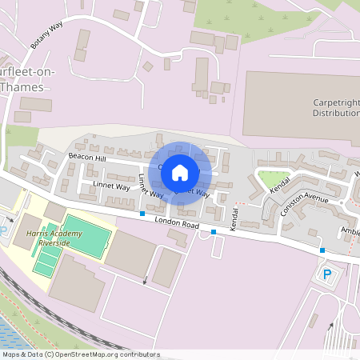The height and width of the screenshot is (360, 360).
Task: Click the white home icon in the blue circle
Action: pos(180,172)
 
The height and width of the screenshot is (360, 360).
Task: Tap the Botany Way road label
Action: pos(46,36)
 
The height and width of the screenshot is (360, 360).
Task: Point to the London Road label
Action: pos(175,222)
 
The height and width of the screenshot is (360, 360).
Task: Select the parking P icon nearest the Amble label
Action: pos(326,274)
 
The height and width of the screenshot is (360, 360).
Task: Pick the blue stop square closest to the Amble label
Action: pos(322,250)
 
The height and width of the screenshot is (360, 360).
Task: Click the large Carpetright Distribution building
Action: pos(296,104)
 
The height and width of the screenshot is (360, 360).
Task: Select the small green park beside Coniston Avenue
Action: pos(272,178)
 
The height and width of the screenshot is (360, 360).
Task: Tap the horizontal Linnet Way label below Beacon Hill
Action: pos(111,186)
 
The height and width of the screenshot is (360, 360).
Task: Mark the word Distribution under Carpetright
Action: pos(335,114)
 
